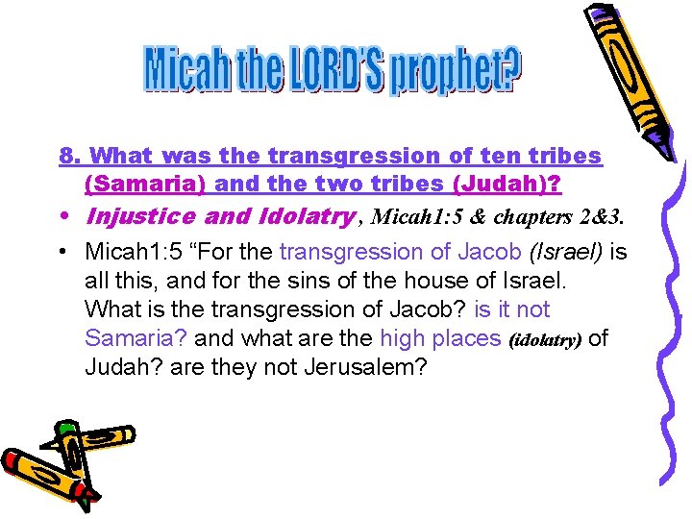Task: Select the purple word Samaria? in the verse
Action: pos(126,338)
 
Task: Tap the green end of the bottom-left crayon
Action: pos(64,429)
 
